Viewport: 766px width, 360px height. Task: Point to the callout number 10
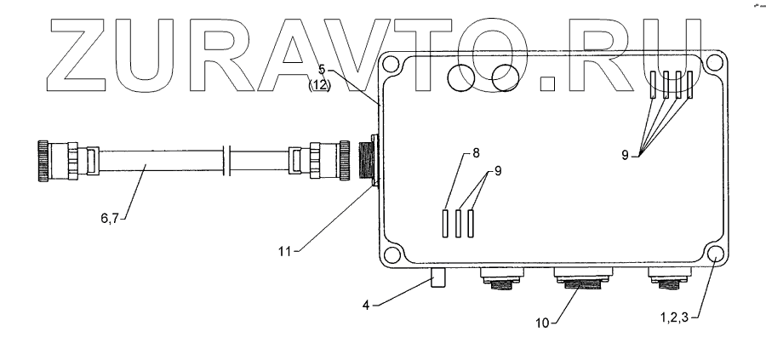(x=544, y=323)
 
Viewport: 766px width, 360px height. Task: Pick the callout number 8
(x=476, y=154)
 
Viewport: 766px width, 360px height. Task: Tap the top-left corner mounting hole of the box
(x=392, y=66)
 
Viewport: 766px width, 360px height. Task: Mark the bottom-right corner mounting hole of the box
(x=714, y=254)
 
